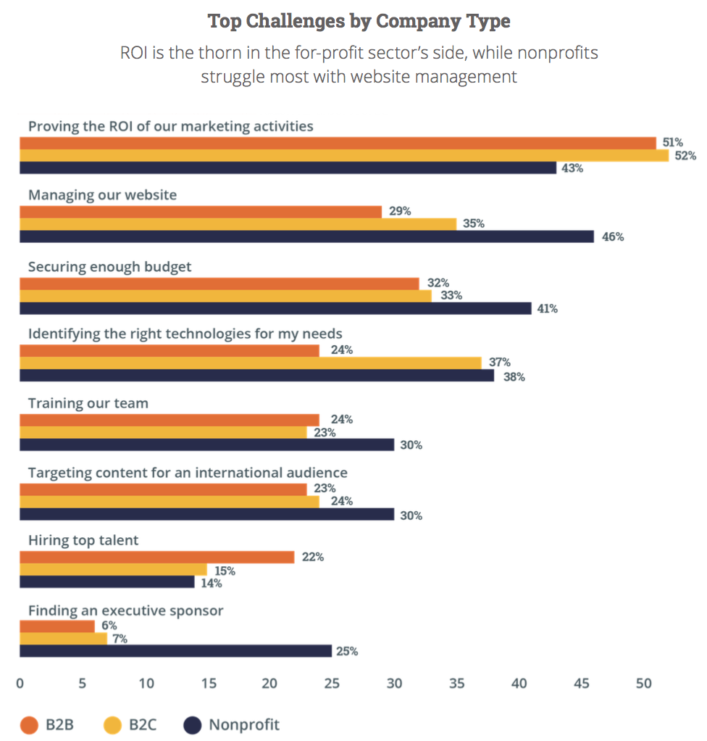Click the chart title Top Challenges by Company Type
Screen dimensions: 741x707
[x=359, y=21]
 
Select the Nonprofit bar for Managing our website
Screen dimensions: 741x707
[x=306, y=236]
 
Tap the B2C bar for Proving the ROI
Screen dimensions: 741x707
[x=343, y=155]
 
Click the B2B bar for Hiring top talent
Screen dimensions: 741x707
[x=156, y=557]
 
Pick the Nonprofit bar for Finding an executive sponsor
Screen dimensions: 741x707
[x=175, y=651]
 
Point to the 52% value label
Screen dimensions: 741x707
[x=685, y=156]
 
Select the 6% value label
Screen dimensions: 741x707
[x=109, y=625]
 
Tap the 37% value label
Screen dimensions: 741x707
[x=500, y=362]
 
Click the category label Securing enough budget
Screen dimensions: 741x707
[x=110, y=266]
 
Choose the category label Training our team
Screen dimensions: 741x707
[x=88, y=402]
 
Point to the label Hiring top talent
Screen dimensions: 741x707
[x=83, y=539]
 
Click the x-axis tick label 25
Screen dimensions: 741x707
[x=332, y=683]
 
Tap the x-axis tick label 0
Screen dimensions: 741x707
[x=20, y=683]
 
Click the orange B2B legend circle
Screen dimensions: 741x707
[x=28, y=724]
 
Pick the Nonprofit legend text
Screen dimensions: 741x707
[x=243, y=724]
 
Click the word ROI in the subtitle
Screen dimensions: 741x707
[x=134, y=54]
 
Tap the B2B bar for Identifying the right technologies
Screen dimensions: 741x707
[x=169, y=351]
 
